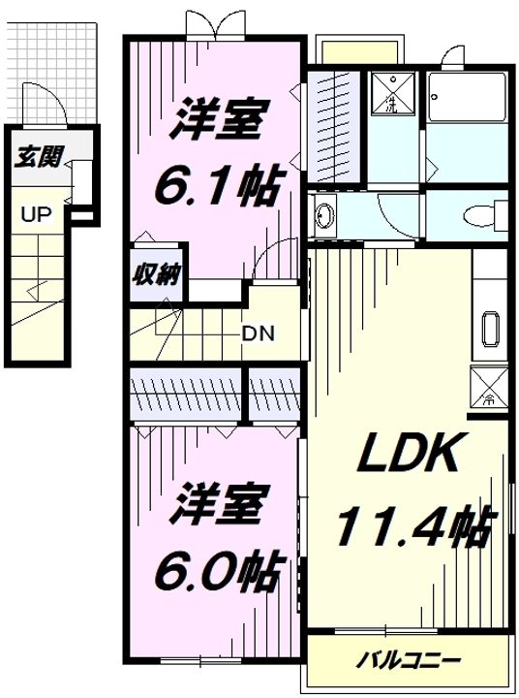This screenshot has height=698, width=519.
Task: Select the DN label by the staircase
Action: point(258,334)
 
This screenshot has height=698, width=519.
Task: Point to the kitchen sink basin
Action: point(489,331)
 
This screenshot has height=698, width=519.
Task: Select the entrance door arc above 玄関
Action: point(53,104)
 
